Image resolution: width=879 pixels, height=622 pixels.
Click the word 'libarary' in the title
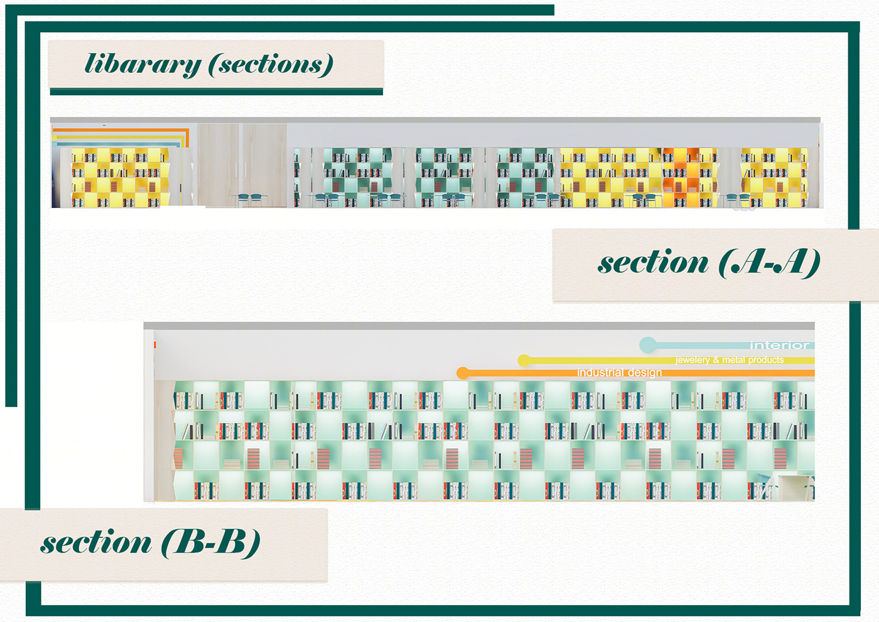pos(143,64)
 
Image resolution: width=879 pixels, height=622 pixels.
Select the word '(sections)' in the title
pos(271,64)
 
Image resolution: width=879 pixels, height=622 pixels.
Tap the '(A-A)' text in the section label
pos(769,262)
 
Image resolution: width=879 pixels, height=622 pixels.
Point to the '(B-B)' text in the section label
pos(211,542)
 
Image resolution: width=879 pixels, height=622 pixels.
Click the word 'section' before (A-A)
pos(653,262)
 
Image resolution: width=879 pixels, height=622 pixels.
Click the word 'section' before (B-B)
pos(96,542)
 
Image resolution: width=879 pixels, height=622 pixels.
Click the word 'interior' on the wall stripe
pos(779,345)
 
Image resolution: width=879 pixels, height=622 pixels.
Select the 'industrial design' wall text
pos(619,373)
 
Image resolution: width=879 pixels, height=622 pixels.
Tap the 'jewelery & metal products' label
pos(730,360)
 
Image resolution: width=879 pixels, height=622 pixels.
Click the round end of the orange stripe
pos(463,373)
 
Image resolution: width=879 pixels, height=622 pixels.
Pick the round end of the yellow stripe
pos(524,361)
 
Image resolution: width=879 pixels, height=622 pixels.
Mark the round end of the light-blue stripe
pos(647,344)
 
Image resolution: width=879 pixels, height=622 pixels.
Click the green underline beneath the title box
pos(216,92)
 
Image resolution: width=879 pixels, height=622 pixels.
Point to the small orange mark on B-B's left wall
pos(154,345)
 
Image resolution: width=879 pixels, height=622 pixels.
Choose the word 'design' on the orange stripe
pos(644,373)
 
